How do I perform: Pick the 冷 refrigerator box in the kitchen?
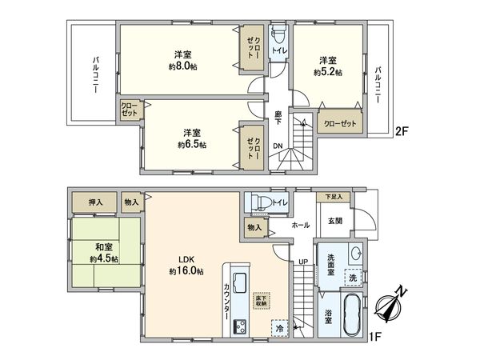click(x=279, y=328)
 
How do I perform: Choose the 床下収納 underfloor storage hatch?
click(x=261, y=301)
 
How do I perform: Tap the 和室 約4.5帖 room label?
click(x=104, y=253)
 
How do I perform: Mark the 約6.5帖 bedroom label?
click(x=192, y=138)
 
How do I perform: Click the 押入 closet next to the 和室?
click(x=95, y=203)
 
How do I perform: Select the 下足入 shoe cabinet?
click(x=333, y=197)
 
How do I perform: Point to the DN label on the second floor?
click(x=277, y=145)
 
